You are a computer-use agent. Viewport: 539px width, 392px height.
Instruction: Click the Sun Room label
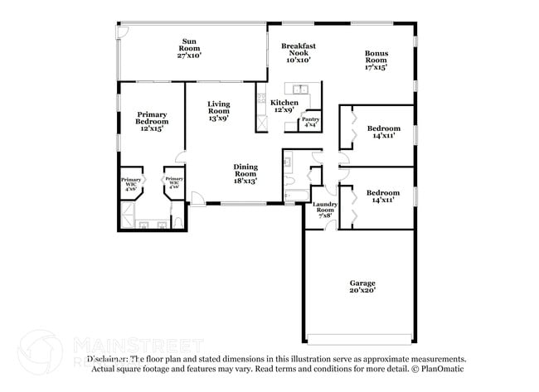190,47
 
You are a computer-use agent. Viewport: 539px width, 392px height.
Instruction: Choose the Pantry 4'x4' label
310,122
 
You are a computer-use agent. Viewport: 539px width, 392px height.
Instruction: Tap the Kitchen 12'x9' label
284,106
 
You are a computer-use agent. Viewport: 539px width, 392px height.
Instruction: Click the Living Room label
218,111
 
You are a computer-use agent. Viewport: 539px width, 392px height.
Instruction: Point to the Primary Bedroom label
152,121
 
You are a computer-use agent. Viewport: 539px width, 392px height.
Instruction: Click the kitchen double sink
298,88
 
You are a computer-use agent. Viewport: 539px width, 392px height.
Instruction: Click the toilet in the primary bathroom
178,222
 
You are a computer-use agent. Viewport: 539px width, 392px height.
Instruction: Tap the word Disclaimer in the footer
112,360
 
